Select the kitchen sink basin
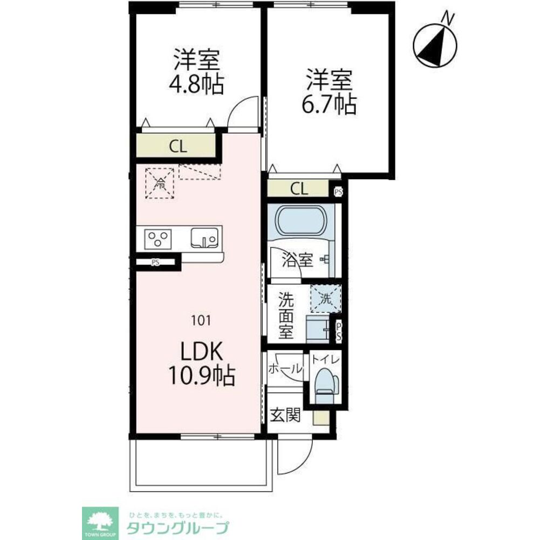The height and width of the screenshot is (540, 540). click(x=205, y=238)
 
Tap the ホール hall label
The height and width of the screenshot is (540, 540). click(x=284, y=369)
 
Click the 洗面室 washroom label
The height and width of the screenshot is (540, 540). click(x=286, y=315)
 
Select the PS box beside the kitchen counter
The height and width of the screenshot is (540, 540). click(x=156, y=263)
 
